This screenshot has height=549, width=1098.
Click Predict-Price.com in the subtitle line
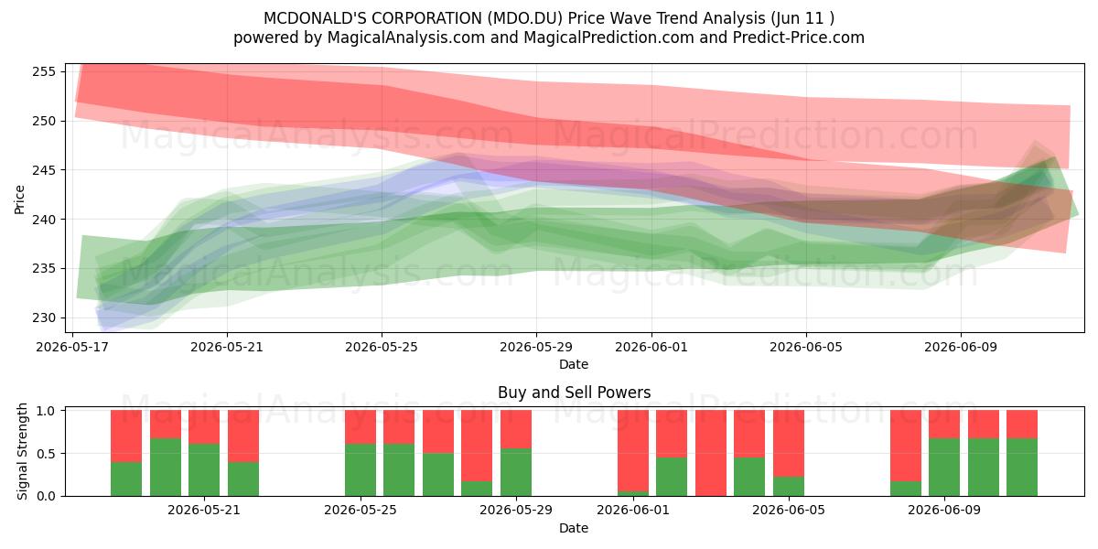click(799, 38)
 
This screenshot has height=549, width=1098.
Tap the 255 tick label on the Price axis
click(45, 72)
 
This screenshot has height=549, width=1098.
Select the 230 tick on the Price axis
click(45, 318)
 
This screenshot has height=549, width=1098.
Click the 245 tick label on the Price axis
click(45, 170)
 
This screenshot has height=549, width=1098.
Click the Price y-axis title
click(19, 199)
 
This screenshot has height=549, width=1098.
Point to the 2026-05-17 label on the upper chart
click(72, 347)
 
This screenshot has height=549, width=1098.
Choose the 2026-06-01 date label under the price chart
click(651, 347)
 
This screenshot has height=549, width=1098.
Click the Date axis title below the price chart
click(574, 364)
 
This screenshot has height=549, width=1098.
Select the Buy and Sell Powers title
click(574, 393)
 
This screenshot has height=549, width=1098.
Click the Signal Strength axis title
click(22, 451)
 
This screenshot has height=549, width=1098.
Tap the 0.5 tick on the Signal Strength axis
click(48, 454)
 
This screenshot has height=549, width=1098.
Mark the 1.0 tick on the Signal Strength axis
click(48, 411)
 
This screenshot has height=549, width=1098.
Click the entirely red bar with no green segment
click(711, 453)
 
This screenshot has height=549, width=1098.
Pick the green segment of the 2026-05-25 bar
click(361, 470)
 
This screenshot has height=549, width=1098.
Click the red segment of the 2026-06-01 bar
click(633, 450)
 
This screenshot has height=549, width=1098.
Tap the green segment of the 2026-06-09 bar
click(944, 468)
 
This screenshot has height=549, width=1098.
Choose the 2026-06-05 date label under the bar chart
click(788, 511)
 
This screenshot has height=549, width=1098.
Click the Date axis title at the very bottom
click(574, 528)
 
